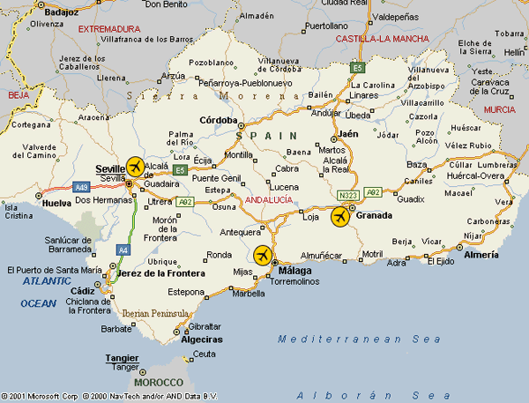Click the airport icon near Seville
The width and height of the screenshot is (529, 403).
point(135,166)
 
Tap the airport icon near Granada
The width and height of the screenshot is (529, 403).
point(339,217)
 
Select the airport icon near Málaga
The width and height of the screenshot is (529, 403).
point(262,256)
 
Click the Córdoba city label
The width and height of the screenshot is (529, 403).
point(220,120)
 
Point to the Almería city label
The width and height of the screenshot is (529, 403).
point(481,254)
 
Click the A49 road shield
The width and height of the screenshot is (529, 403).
point(81,187)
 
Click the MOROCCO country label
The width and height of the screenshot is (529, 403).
point(159,383)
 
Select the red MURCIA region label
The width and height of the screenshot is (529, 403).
point(499,108)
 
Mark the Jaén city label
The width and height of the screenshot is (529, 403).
point(346,133)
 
